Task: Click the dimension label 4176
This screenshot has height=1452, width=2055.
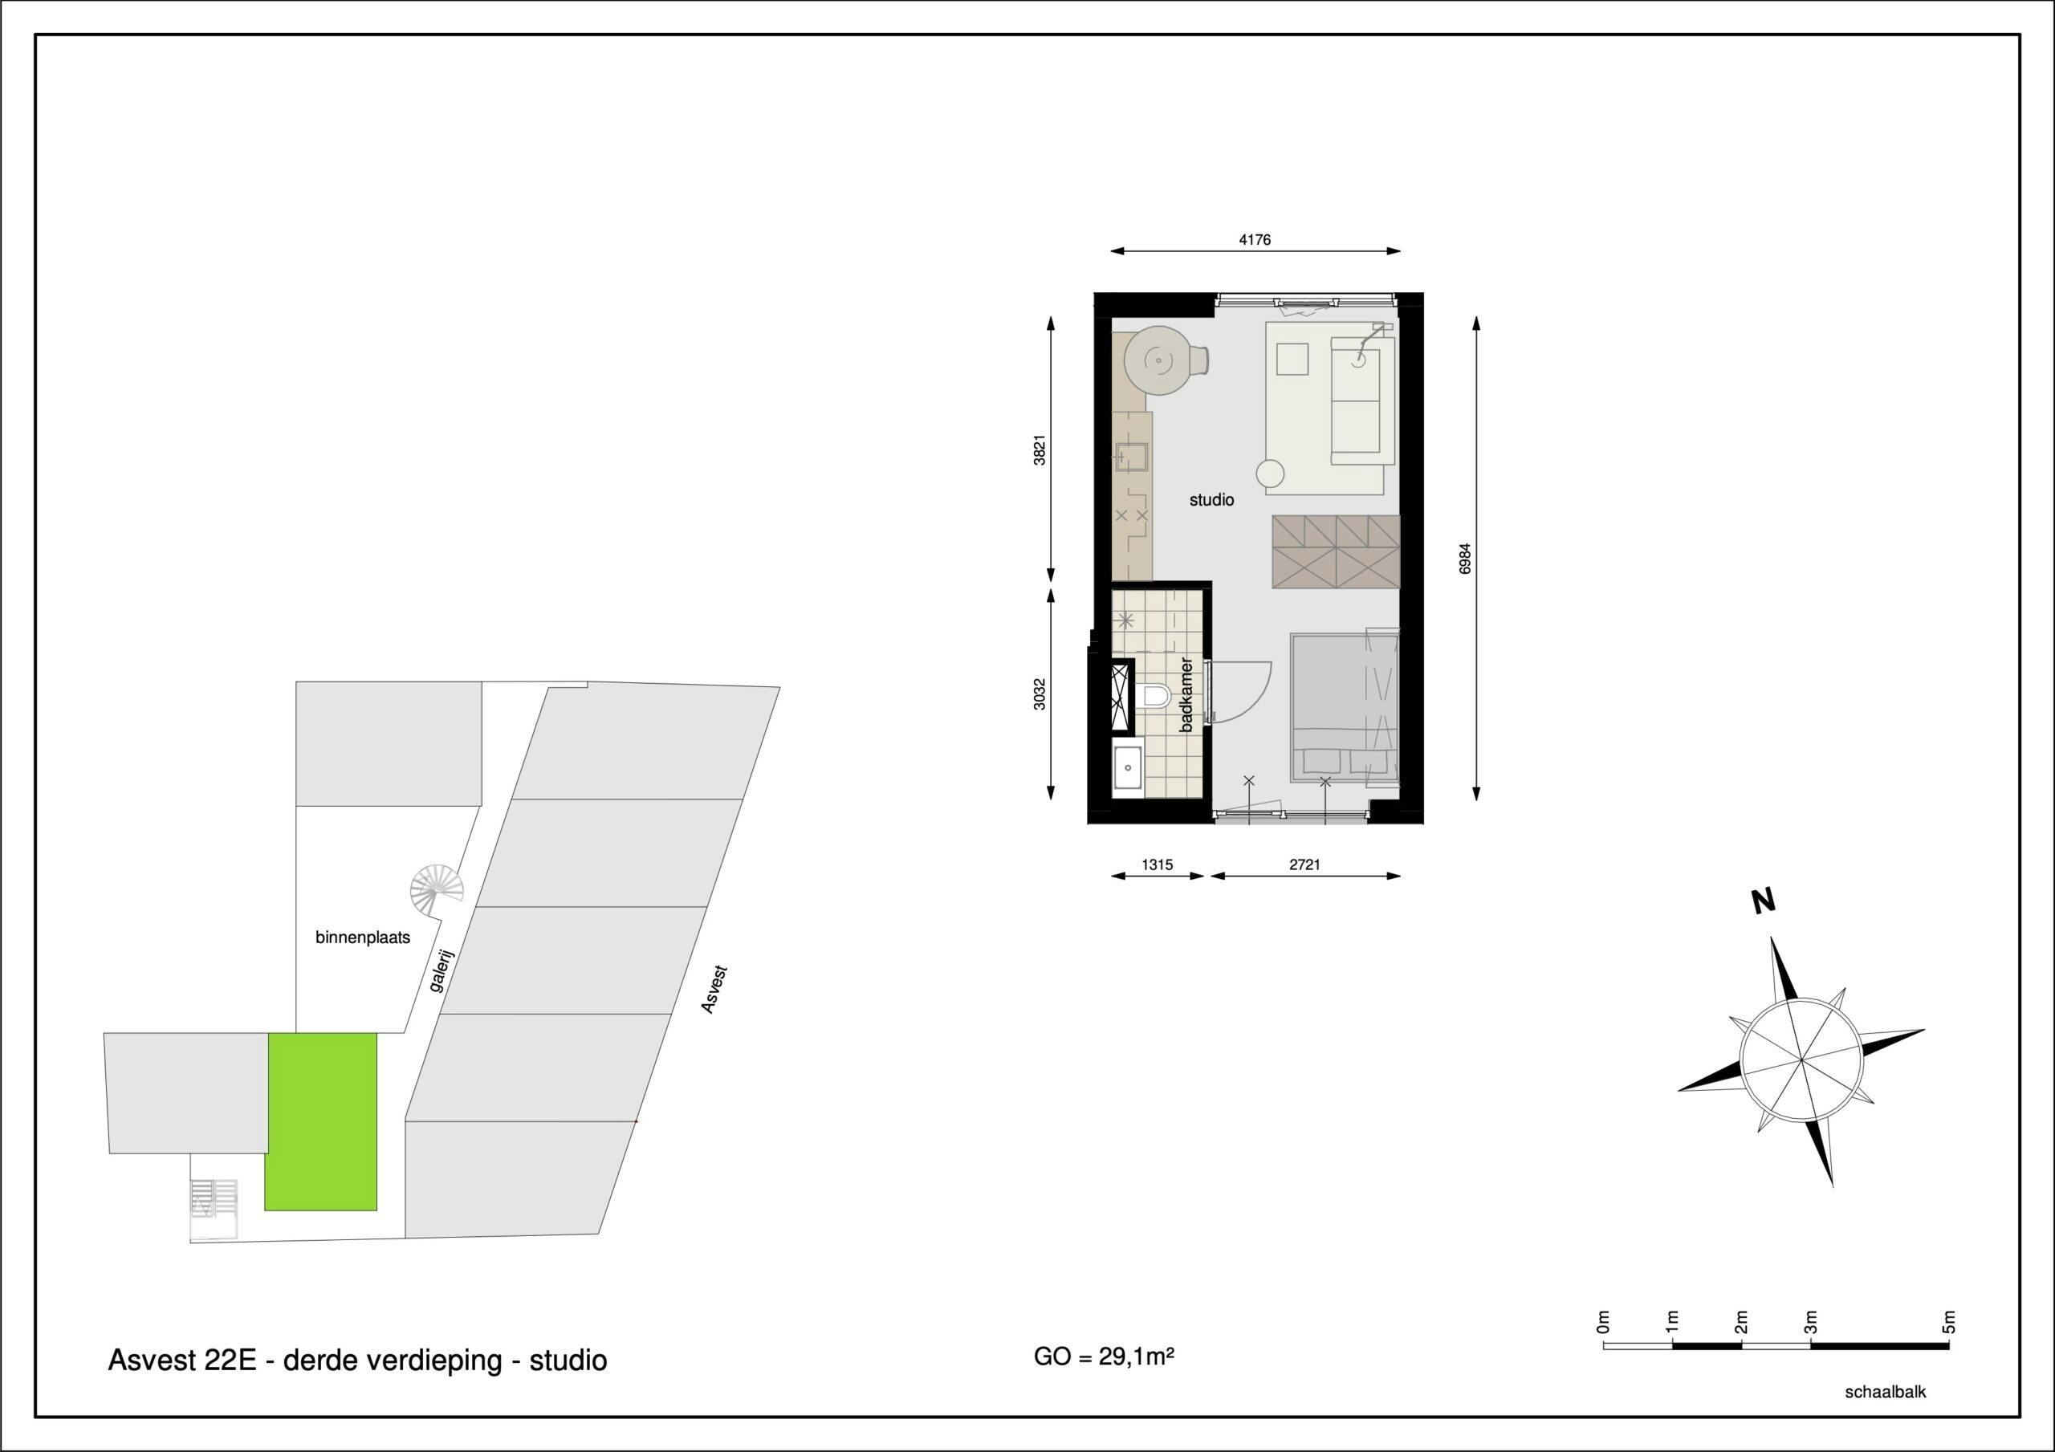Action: pyautogui.click(x=1255, y=240)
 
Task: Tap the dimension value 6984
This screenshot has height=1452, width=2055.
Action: pyautogui.click(x=1464, y=559)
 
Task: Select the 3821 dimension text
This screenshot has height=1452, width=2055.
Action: pyautogui.click(x=1039, y=449)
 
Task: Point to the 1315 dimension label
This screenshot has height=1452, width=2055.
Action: pyautogui.click(x=1158, y=864)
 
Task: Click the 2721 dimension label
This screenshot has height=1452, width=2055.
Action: pyautogui.click(x=1304, y=864)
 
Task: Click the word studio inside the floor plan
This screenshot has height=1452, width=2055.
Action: pyautogui.click(x=1211, y=500)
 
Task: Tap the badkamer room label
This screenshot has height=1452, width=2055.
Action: pyautogui.click(x=1186, y=694)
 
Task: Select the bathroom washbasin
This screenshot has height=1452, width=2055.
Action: pyautogui.click(x=1128, y=768)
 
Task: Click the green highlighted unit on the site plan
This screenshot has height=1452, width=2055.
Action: pyautogui.click(x=321, y=1121)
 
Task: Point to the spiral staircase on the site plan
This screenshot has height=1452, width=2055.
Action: pyautogui.click(x=437, y=889)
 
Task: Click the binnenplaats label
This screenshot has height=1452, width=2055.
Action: pyautogui.click(x=363, y=938)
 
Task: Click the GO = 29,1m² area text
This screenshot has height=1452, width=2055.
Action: pyautogui.click(x=1104, y=1357)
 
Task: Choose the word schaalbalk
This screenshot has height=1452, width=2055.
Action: pyautogui.click(x=1885, y=1392)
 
